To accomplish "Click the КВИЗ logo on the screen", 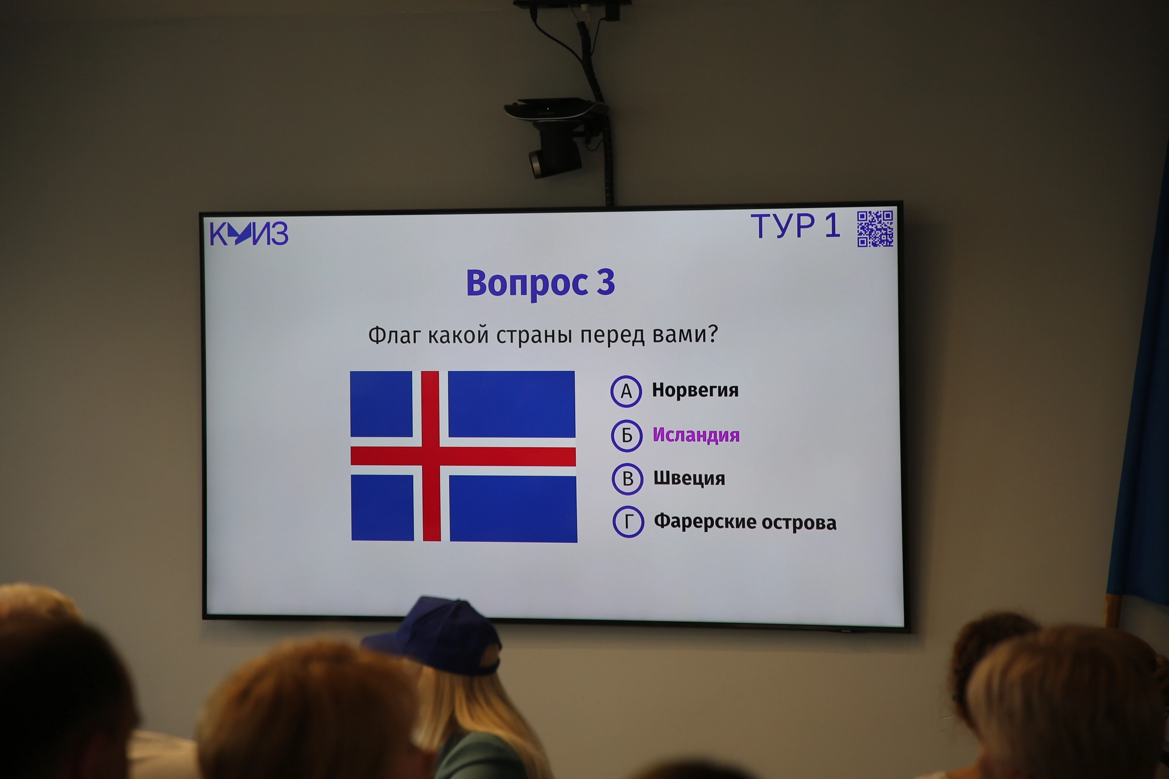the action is (249, 234).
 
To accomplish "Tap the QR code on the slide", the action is (875, 228).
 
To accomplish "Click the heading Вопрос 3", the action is (541, 283).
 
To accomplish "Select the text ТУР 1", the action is (796, 226).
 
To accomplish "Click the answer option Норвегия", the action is (695, 390).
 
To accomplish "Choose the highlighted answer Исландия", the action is (696, 435).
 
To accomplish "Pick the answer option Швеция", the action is (689, 478).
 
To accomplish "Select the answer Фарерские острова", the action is (745, 522).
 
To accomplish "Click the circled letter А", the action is (626, 391).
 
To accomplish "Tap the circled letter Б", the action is (627, 435).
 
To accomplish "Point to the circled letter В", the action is (628, 479).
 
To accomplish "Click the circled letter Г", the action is (628, 522).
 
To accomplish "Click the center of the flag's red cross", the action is (431, 456).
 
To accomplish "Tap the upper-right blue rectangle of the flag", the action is (511, 404).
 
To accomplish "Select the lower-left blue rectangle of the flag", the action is (382, 508).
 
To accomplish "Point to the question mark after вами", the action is (712, 333).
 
